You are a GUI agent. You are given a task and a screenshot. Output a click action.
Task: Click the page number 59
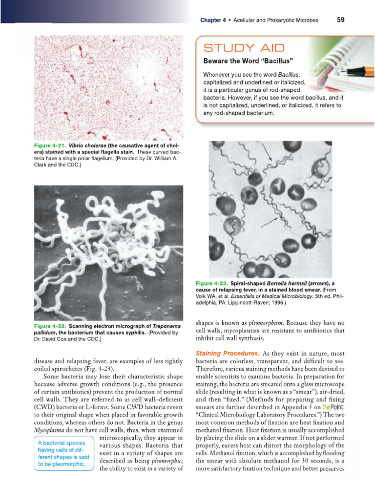(x=340, y=20)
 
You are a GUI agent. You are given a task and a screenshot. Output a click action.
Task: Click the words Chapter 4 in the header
(x=213, y=21)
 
